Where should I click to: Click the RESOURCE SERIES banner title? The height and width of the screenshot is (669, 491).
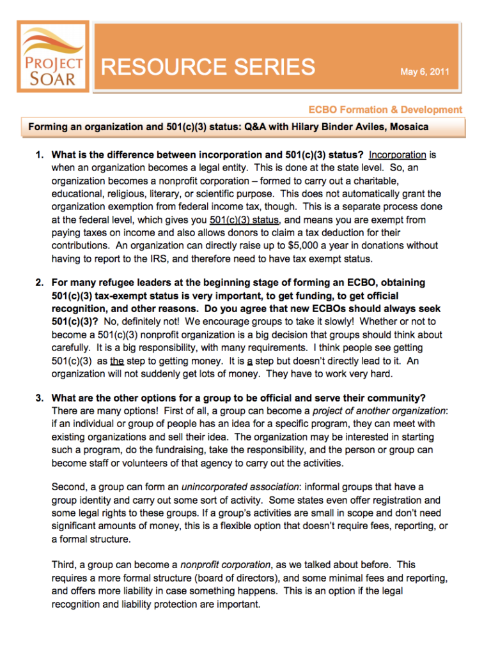(208, 67)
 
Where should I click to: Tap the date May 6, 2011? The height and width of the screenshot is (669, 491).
(425, 71)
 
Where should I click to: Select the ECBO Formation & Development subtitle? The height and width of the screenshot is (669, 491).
(385, 110)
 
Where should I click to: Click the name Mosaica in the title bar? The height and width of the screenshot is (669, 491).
(408, 127)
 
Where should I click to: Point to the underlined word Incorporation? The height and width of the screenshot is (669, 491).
(398, 154)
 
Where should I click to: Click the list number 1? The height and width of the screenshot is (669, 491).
(38, 154)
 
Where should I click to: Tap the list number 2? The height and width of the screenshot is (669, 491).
(38, 282)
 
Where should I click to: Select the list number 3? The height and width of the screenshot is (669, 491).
(38, 397)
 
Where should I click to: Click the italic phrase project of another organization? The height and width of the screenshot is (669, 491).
(379, 410)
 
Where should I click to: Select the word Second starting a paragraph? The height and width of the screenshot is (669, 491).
(68, 487)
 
